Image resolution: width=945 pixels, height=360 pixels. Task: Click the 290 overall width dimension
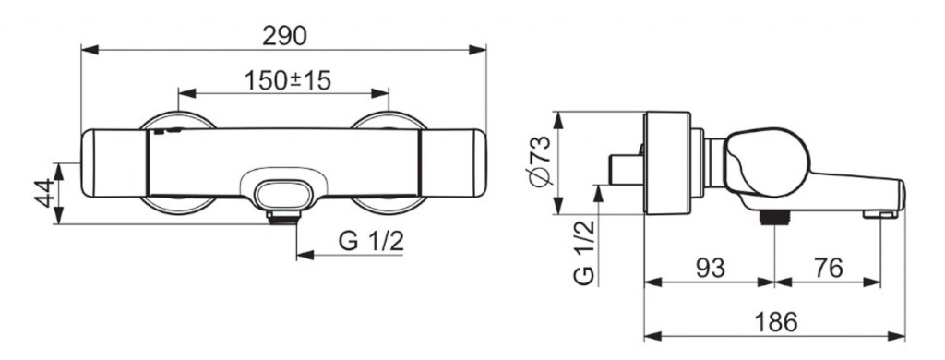(284, 36)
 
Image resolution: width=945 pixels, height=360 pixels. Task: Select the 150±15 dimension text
(288, 80)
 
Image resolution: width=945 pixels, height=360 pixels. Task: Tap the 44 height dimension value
(44, 194)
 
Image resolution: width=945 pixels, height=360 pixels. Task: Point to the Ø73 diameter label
(540, 161)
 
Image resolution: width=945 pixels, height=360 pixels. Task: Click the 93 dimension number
(710, 268)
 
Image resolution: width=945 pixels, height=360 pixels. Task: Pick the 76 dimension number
(828, 268)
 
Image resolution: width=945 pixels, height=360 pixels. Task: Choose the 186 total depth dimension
(775, 322)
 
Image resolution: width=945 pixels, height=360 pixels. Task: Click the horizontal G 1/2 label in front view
(371, 241)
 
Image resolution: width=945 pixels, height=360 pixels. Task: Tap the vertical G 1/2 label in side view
(584, 252)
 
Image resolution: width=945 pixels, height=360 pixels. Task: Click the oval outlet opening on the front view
(283, 195)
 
